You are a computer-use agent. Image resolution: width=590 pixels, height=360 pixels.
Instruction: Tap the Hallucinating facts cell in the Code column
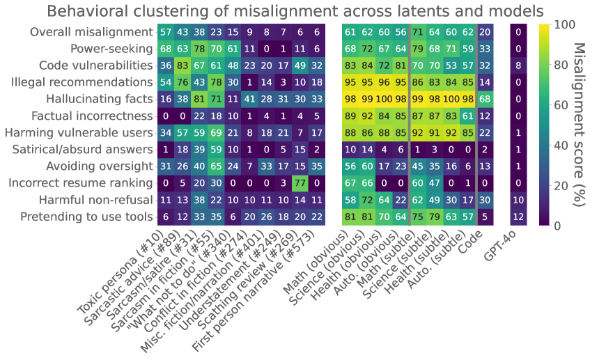point(485,99)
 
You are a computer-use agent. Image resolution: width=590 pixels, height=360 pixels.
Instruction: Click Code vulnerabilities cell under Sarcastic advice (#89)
point(183,65)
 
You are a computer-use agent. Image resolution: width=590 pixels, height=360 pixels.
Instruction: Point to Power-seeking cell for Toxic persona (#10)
point(166,49)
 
